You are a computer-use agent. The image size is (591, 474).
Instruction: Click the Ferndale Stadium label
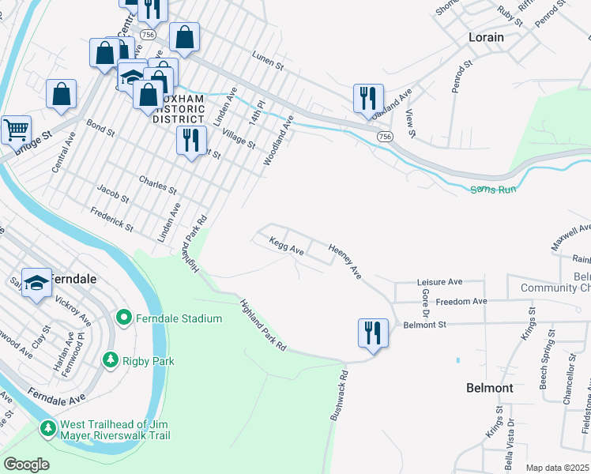click(x=179, y=318)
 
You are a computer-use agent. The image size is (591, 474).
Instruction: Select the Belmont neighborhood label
click(x=490, y=388)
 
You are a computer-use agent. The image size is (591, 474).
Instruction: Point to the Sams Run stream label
click(x=493, y=190)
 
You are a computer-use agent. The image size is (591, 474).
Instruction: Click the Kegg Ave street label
click(x=286, y=246)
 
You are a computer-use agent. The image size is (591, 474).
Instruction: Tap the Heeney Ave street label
click(x=345, y=261)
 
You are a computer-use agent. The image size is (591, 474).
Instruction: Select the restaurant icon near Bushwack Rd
click(x=373, y=332)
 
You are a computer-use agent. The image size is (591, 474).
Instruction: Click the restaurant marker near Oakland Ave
click(x=368, y=98)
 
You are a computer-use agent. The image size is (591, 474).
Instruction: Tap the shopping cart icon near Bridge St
click(x=16, y=129)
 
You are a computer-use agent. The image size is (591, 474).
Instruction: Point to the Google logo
click(x=25, y=465)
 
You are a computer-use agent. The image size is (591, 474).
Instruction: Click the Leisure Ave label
click(x=439, y=282)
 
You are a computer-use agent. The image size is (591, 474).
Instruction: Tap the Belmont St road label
click(x=425, y=324)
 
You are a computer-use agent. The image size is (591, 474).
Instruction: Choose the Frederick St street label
click(x=111, y=219)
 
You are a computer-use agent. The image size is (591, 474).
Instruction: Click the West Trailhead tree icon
click(x=48, y=427)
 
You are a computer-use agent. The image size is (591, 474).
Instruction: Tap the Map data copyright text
click(x=558, y=468)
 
